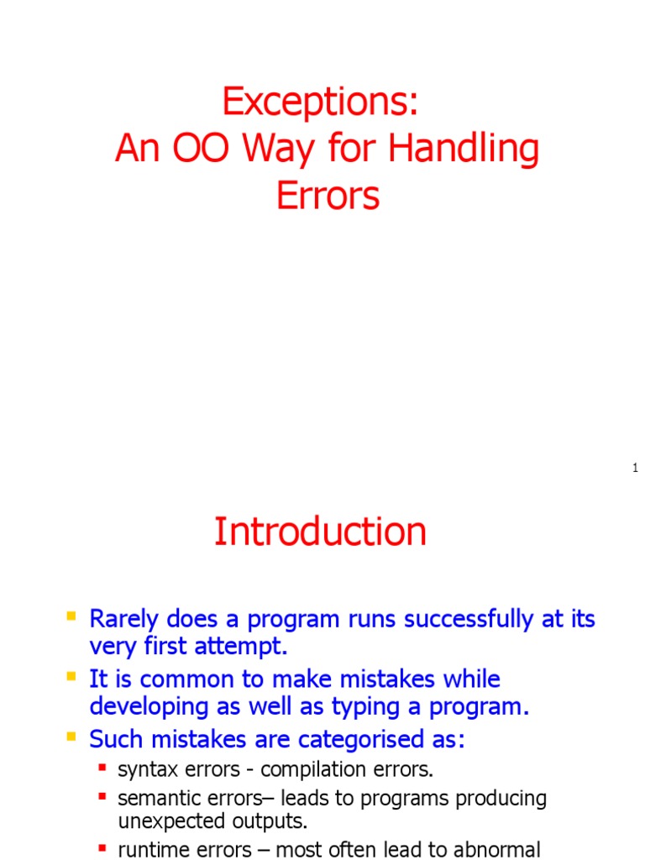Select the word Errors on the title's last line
[x=328, y=196]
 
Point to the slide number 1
[x=636, y=468]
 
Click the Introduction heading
[x=320, y=532]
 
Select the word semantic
[x=153, y=798]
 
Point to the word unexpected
[x=164, y=821]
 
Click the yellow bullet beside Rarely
[x=71, y=617]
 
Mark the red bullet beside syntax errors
[x=102, y=768]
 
